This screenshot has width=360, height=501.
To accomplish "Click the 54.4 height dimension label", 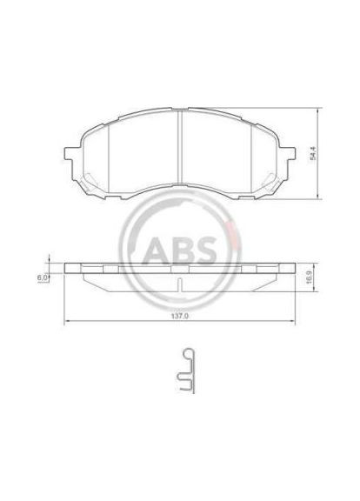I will [x=314, y=154].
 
